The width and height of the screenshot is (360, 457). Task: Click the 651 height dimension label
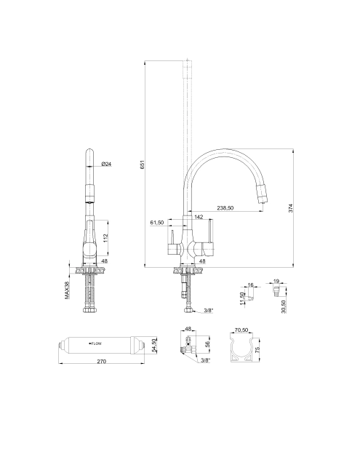pyautogui.click(x=143, y=165)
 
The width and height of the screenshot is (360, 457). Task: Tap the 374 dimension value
pyautogui.click(x=290, y=208)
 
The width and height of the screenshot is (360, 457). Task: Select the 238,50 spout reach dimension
pyautogui.click(x=225, y=208)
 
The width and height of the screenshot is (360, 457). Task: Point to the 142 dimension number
pyautogui.click(x=199, y=217)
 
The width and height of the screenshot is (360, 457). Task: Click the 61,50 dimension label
pyautogui.click(x=157, y=223)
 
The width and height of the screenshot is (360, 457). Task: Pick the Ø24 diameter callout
pyautogui.click(x=107, y=164)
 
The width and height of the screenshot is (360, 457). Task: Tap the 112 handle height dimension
pyautogui.click(x=105, y=238)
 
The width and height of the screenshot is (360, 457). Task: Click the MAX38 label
pyautogui.click(x=68, y=290)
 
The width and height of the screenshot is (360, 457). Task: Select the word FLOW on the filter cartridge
pyautogui.click(x=97, y=343)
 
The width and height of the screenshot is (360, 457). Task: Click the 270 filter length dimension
pyautogui.click(x=101, y=362)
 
